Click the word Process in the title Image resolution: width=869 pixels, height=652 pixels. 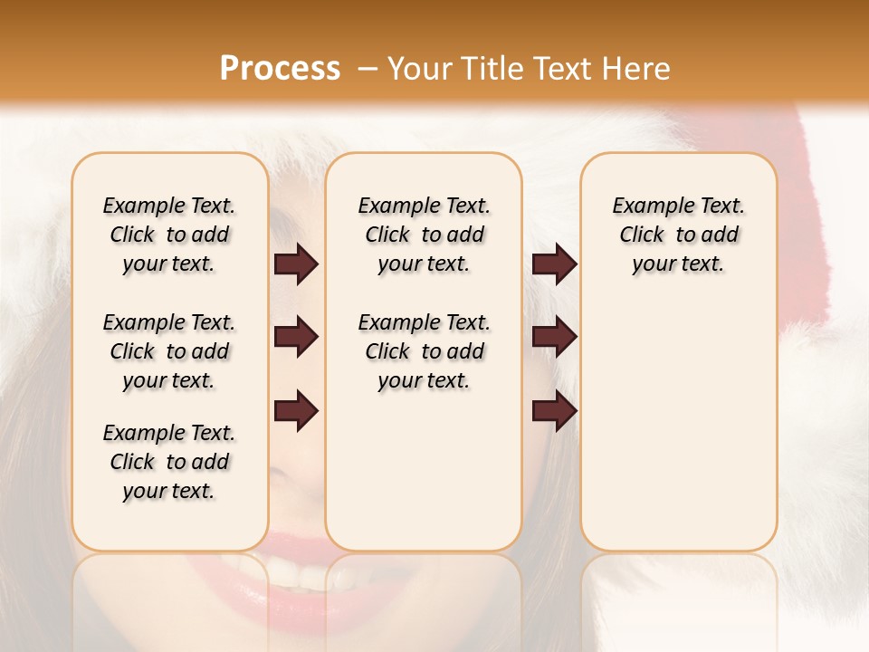click(280, 68)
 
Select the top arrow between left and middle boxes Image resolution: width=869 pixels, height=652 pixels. click(296, 264)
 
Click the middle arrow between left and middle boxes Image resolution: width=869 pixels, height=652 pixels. click(296, 338)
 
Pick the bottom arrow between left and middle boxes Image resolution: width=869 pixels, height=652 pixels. click(296, 410)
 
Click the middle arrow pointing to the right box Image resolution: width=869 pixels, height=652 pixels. click(554, 338)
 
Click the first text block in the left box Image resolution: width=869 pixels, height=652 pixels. click(169, 235)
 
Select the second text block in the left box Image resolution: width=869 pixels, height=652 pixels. click(169, 351)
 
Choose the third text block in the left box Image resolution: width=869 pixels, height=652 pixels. click(169, 462)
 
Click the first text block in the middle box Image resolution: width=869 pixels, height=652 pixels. click(424, 235)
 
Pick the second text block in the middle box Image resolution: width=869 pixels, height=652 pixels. click(424, 351)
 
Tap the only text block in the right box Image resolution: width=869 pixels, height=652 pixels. click(678, 235)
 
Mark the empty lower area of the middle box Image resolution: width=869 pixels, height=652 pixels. click(424, 471)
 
